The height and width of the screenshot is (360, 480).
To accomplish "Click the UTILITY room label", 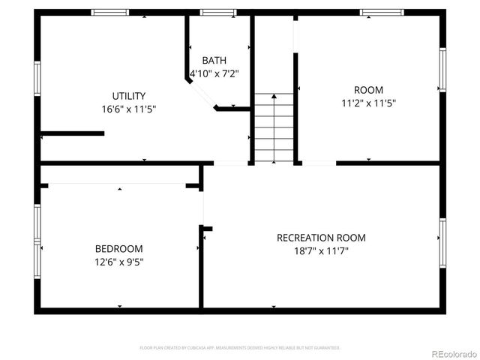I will tap(128, 96).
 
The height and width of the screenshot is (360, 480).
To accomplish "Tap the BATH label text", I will tap(214, 60).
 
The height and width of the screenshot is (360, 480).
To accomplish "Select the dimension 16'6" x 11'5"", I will tap(128, 109).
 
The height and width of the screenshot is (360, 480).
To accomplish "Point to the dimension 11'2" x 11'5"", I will tap(368, 103).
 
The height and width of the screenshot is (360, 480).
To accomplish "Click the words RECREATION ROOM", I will tap(321, 238).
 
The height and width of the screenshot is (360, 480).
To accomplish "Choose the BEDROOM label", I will tap(118, 249).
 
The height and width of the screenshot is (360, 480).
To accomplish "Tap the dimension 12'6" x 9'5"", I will tap(118, 262).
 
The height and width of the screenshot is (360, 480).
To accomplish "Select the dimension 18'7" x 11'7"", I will tap(321, 250).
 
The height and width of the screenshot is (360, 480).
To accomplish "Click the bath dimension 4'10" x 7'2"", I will tap(214, 73).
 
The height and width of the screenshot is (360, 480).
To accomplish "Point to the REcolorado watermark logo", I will tap(450, 354).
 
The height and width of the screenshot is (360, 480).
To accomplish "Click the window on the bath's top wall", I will tap(218, 12).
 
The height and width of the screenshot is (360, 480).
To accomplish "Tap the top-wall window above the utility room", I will tap(109, 12).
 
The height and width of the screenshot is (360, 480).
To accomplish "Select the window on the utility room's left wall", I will tap(37, 79).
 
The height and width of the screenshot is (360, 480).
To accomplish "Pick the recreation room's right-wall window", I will tap(442, 240).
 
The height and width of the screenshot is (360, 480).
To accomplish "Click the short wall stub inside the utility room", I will tap(72, 134).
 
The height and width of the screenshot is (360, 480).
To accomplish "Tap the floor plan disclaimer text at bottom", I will tap(240, 348).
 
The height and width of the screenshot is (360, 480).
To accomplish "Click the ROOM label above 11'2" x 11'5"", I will tap(368, 90).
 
